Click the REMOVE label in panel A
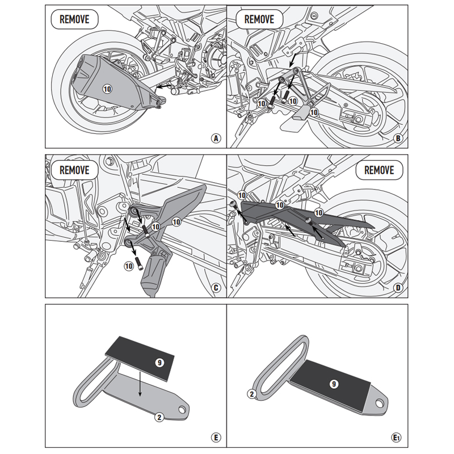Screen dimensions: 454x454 (74, 19)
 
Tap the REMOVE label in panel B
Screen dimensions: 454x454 (259, 19)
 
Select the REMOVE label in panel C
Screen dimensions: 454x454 (74, 169)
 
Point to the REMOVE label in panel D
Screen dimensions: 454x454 (379, 169)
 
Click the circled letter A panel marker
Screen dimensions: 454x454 (215, 138)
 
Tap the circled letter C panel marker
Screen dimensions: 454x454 (215, 288)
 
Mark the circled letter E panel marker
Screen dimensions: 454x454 (215, 437)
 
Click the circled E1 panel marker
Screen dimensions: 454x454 (397, 437)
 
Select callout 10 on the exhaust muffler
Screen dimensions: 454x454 (108, 88)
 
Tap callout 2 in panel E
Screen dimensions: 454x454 (159, 417)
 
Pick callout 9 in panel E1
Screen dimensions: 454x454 (334, 384)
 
